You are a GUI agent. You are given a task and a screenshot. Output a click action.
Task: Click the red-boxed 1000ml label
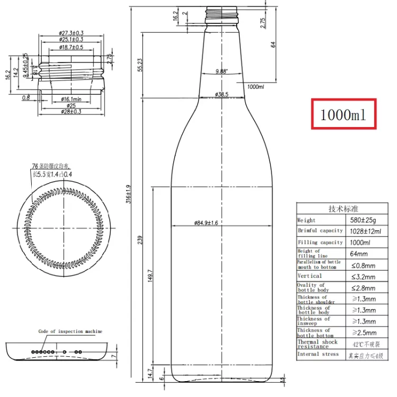[x=343, y=114]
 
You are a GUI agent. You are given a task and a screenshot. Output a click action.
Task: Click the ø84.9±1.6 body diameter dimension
[x=206, y=223]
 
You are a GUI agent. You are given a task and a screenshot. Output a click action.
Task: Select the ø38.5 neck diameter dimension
[x=221, y=94]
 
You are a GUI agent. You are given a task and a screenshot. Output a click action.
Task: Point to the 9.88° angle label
[x=221, y=71]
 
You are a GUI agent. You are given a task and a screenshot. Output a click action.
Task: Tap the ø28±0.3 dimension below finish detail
[x=71, y=112]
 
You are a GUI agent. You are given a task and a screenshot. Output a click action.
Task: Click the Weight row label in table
[x=306, y=220]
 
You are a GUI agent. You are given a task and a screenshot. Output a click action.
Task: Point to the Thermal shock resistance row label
[x=317, y=344]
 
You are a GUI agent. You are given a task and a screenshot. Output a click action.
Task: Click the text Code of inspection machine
[x=70, y=331]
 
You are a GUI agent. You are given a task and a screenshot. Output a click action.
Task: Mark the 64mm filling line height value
[x=360, y=254]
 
